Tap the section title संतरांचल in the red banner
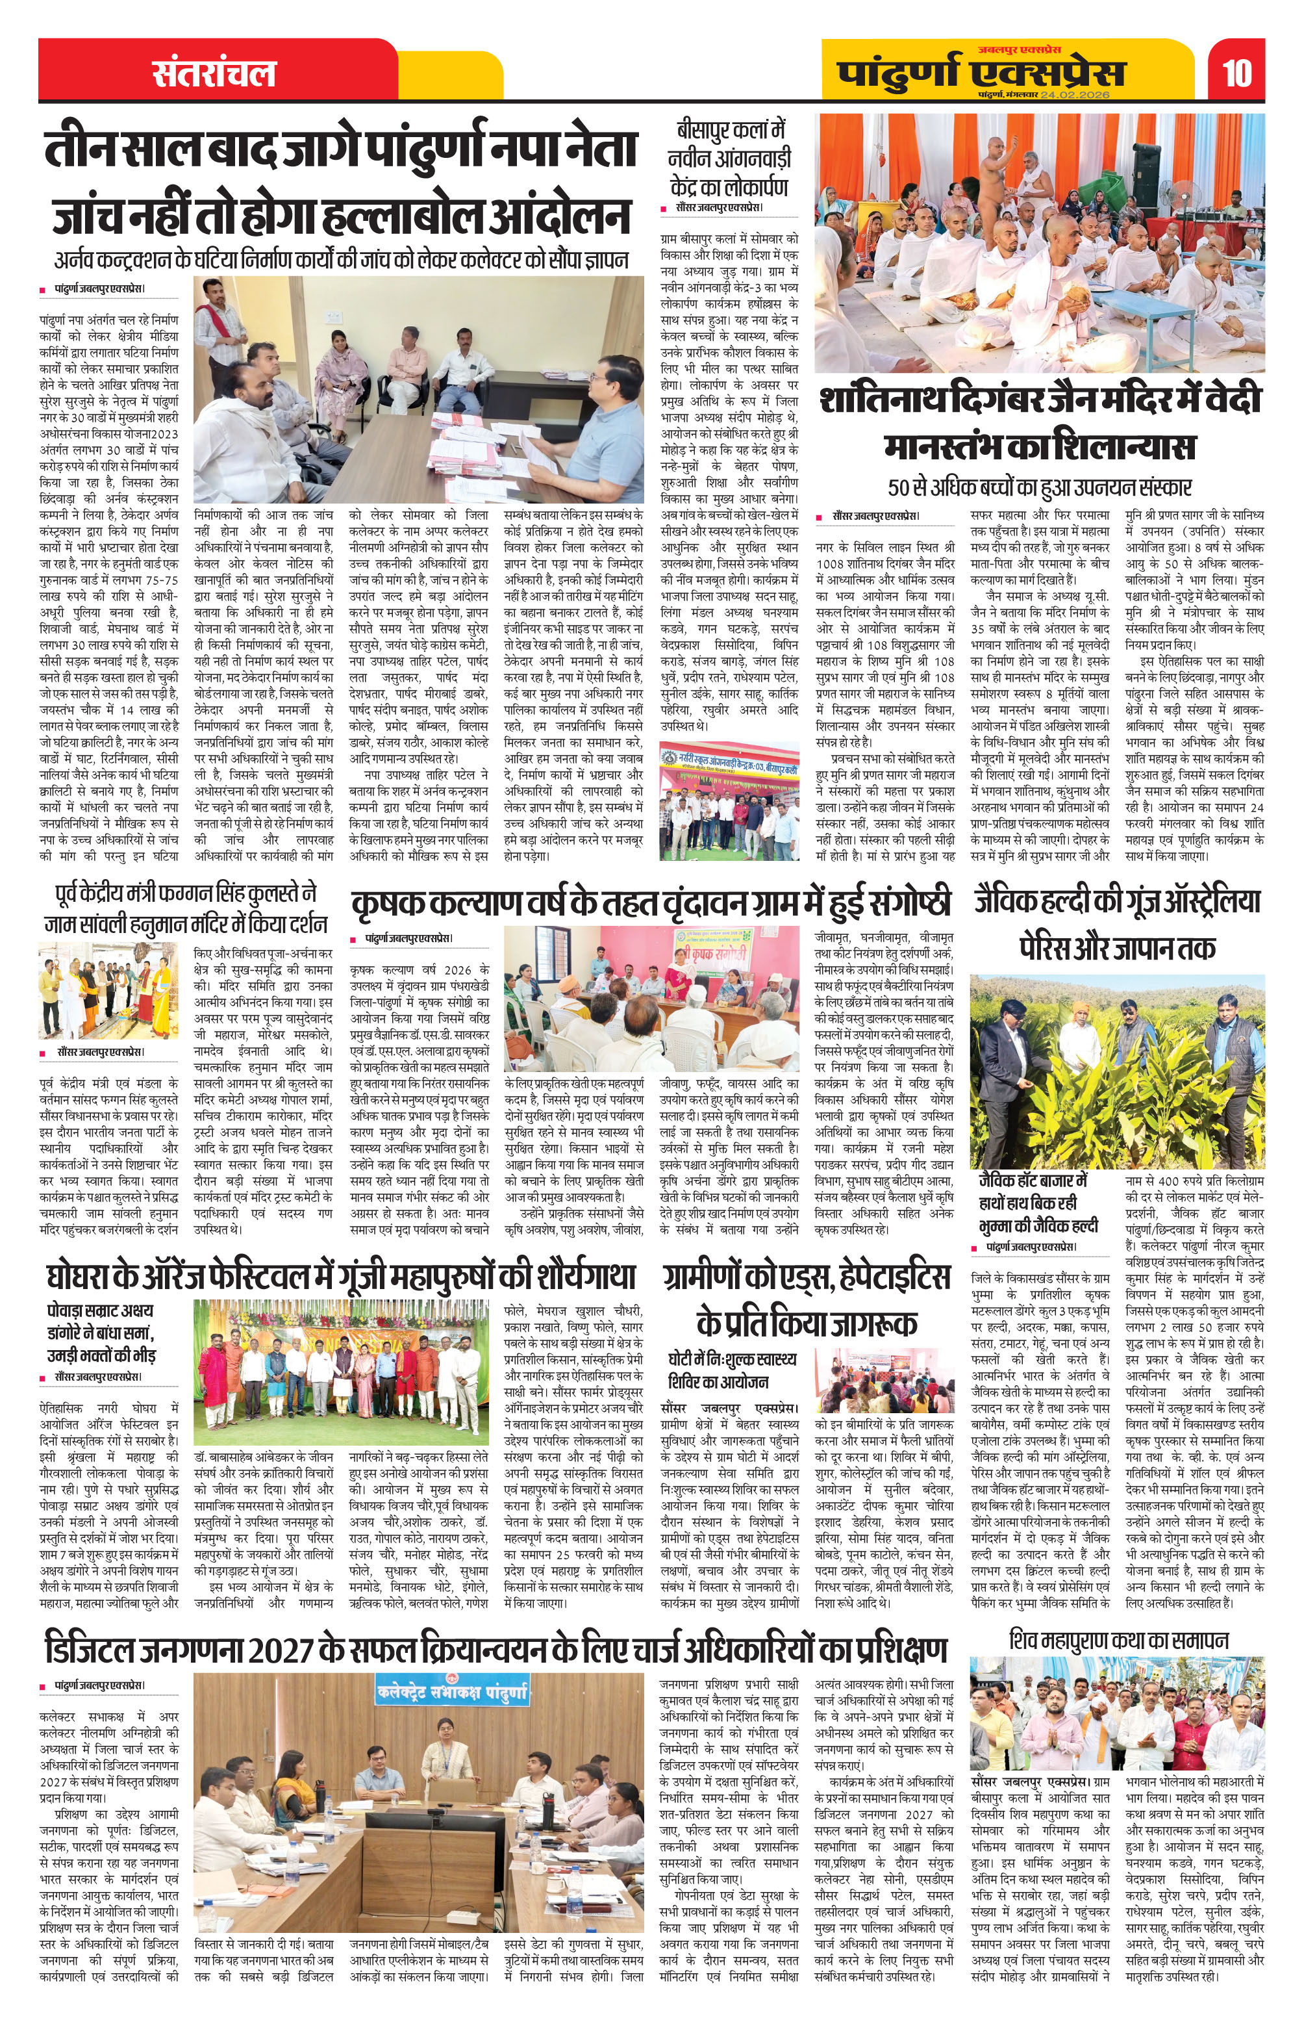[x=214, y=73]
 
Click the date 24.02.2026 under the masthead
[x=1075, y=95]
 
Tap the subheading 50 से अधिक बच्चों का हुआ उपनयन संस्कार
[x=1040, y=487]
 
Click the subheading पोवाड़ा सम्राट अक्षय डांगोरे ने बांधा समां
[x=101, y=1333]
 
